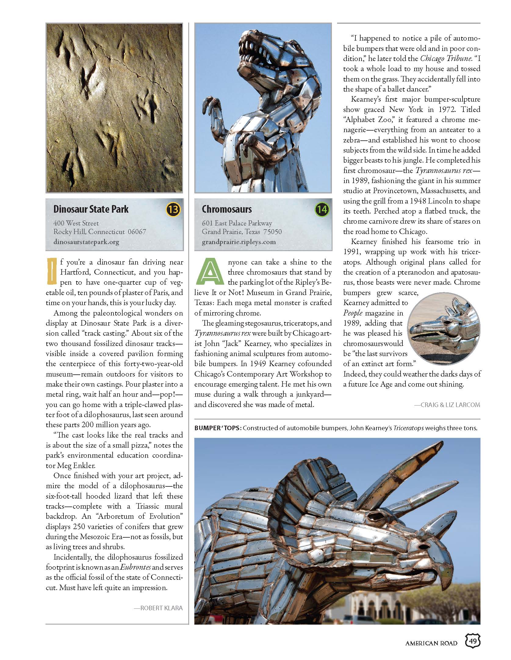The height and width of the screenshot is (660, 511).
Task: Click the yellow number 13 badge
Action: (x=173, y=209)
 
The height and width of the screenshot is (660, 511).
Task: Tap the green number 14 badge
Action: (x=322, y=209)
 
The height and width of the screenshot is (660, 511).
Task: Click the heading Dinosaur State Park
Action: (x=91, y=209)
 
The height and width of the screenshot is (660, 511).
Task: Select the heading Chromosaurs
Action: (x=227, y=209)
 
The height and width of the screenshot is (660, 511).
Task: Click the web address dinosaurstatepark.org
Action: (x=86, y=242)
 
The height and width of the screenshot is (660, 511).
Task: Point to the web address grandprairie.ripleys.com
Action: (x=239, y=242)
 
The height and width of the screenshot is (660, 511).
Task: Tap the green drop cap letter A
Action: (x=210, y=271)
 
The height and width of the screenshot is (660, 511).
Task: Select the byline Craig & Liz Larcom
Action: (x=447, y=405)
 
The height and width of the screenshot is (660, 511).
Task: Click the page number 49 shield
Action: (x=473, y=641)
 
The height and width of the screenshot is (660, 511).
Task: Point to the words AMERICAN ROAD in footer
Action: (x=431, y=643)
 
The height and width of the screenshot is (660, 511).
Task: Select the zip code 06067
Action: (x=137, y=232)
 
